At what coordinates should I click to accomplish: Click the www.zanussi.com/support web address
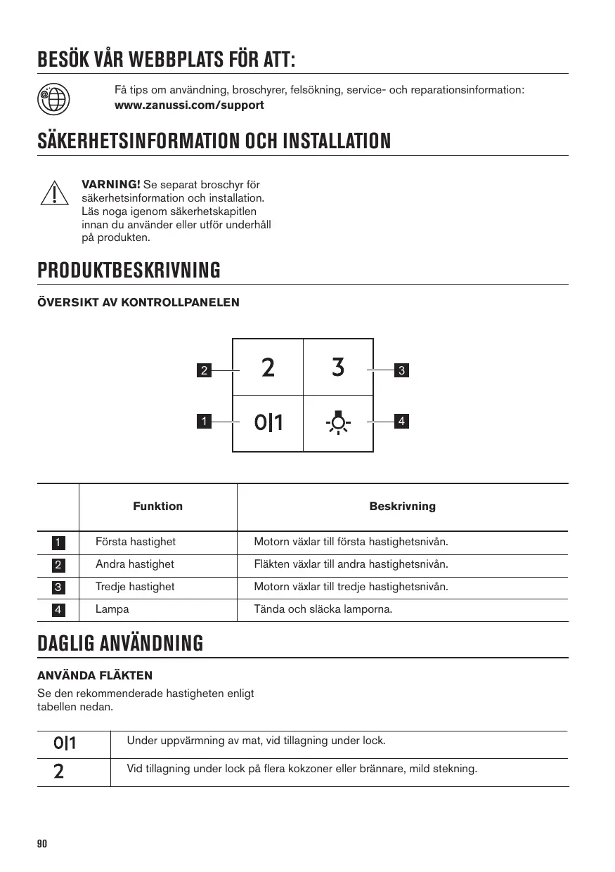(189, 105)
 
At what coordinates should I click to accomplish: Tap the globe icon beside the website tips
(53, 98)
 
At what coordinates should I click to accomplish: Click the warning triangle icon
(53, 193)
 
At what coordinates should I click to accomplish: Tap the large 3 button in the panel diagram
(338, 367)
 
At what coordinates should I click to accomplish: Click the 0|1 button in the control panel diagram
(268, 422)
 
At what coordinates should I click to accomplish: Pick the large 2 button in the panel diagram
(268, 367)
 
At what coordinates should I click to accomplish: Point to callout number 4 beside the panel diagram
(401, 422)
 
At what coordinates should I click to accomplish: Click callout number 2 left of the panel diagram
(204, 370)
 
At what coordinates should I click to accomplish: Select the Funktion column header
(157, 507)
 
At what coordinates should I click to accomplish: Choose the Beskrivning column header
(402, 507)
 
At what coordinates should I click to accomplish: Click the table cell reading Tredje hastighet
(135, 587)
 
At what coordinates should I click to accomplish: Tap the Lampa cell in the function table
(112, 609)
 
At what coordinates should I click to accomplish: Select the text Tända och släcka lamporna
(323, 609)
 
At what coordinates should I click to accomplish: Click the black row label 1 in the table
(58, 542)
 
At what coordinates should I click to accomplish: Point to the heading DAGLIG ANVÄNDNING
(120, 643)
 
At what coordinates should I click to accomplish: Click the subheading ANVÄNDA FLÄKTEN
(94, 676)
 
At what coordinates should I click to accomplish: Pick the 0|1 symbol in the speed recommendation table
(65, 743)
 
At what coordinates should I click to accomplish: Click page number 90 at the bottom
(41, 844)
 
